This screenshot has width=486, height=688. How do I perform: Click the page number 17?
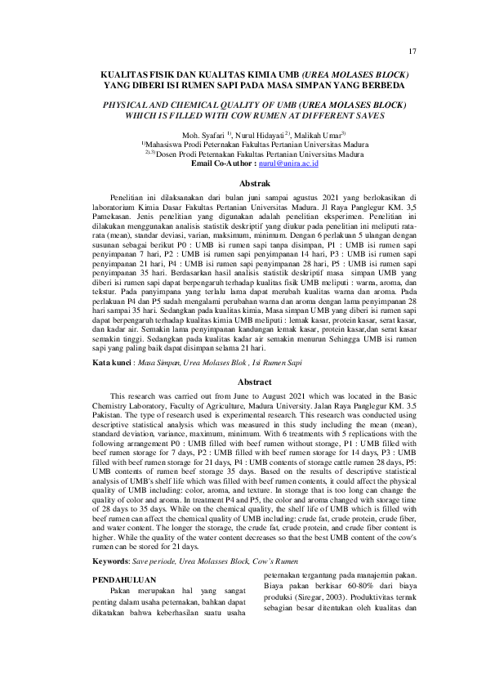click(x=413, y=51)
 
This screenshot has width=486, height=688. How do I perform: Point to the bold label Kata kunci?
click(x=112, y=361)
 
